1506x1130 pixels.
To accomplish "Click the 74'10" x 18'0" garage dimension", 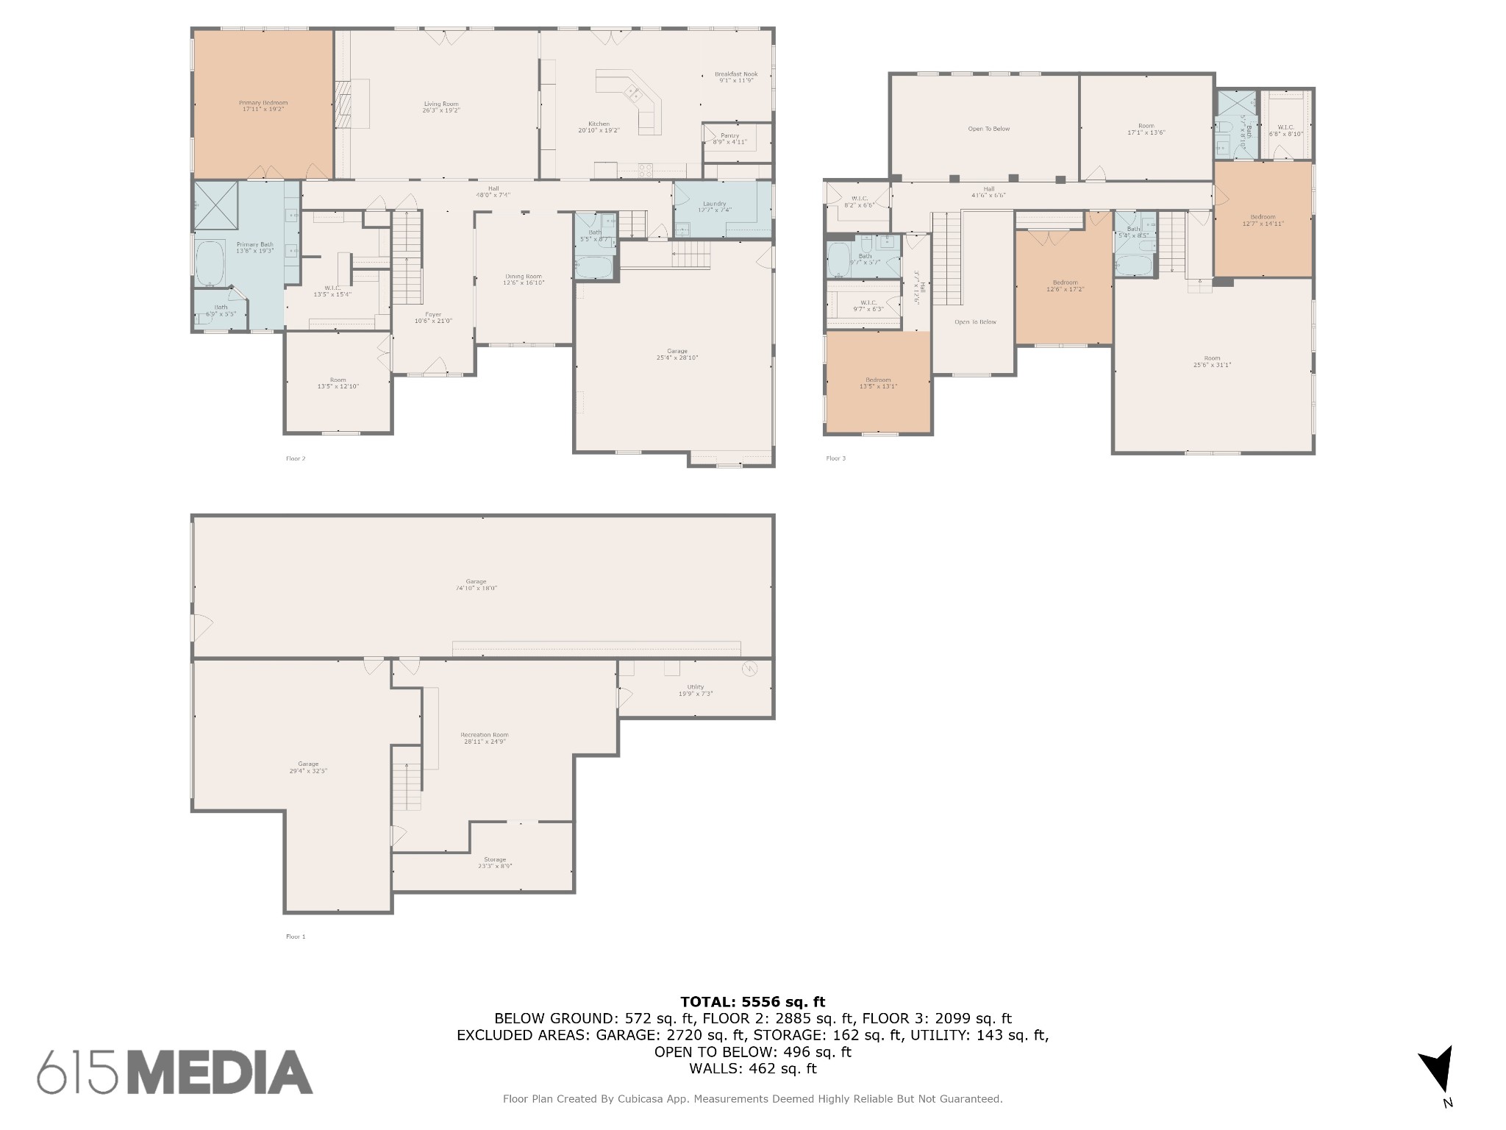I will pyautogui.click(x=477, y=589).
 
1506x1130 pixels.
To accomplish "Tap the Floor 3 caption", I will pyautogui.click(x=835, y=458).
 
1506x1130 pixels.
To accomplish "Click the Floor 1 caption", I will pyautogui.click(x=295, y=937).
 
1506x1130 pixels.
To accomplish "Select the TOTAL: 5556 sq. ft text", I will pyautogui.click(x=752, y=1001).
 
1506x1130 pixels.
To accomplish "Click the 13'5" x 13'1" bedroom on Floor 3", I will pyautogui.click(x=878, y=383).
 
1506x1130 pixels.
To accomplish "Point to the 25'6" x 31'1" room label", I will pyautogui.click(x=1211, y=361).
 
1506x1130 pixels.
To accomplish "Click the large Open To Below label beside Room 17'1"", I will pyautogui.click(x=988, y=129).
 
